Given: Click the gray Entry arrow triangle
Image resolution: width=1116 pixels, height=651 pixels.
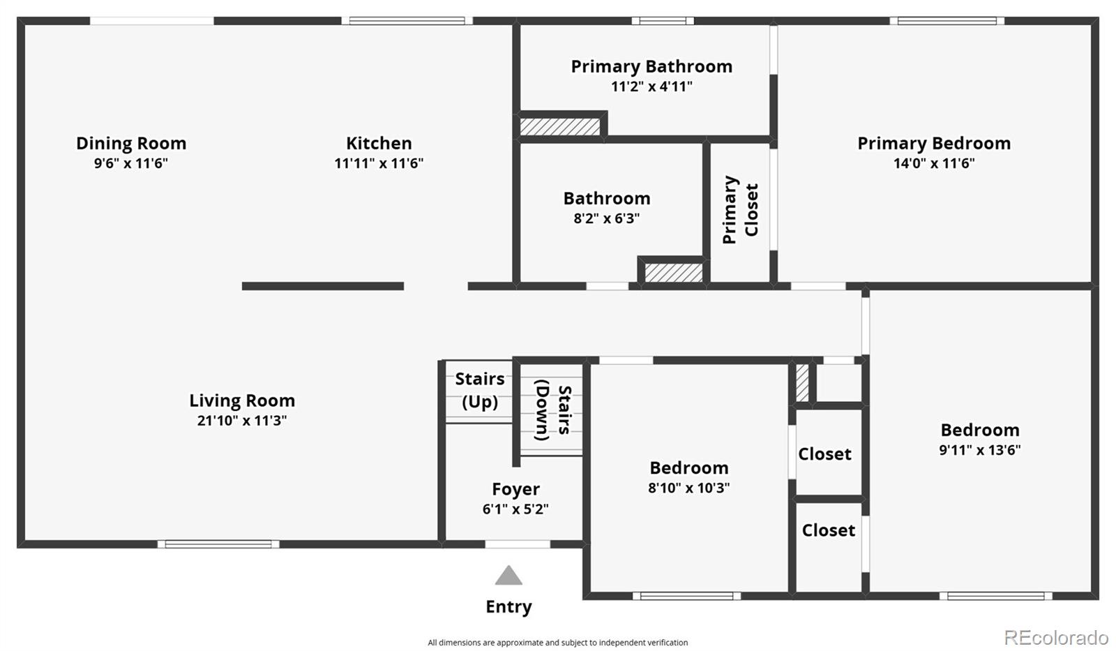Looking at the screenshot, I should (508, 576).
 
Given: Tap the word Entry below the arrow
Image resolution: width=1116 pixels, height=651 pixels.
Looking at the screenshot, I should (508, 607).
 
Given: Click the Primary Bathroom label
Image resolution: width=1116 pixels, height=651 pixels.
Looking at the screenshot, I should (651, 66).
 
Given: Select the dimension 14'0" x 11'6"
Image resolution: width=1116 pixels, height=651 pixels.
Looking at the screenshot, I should (934, 163).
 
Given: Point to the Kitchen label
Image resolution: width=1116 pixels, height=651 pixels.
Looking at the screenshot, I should (379, 143).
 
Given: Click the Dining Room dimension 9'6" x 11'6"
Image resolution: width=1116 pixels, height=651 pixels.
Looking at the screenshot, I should (131, 163).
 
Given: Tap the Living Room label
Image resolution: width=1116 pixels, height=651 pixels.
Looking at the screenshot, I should (242, 401).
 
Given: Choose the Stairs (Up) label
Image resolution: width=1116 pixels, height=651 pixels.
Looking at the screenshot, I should (480, 390).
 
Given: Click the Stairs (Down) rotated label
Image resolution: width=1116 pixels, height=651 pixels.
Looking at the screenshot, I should (553, 410).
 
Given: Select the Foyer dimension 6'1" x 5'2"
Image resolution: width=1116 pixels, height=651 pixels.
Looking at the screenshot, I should (515, 509).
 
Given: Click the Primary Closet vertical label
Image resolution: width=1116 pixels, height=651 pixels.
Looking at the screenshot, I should (740, 209).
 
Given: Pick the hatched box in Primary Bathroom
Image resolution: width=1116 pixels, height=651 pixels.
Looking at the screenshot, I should (559, 126).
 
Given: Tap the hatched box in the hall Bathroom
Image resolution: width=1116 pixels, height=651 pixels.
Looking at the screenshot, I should (673, 272).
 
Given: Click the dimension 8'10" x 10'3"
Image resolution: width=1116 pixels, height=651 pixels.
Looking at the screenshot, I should (688, 488).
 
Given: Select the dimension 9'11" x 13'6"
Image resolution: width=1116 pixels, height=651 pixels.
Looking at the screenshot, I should (979, 450).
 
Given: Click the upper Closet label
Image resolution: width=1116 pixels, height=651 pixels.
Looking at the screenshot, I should (824, 454).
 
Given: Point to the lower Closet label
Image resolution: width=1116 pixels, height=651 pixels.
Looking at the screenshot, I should (828, 530).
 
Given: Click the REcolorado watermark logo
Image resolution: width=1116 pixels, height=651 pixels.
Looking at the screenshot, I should (1055, 637).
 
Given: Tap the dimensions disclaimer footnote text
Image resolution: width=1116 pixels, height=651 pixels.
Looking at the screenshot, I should (557, 643).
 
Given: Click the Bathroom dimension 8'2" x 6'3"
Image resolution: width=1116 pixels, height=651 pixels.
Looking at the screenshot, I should (606, 218).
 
